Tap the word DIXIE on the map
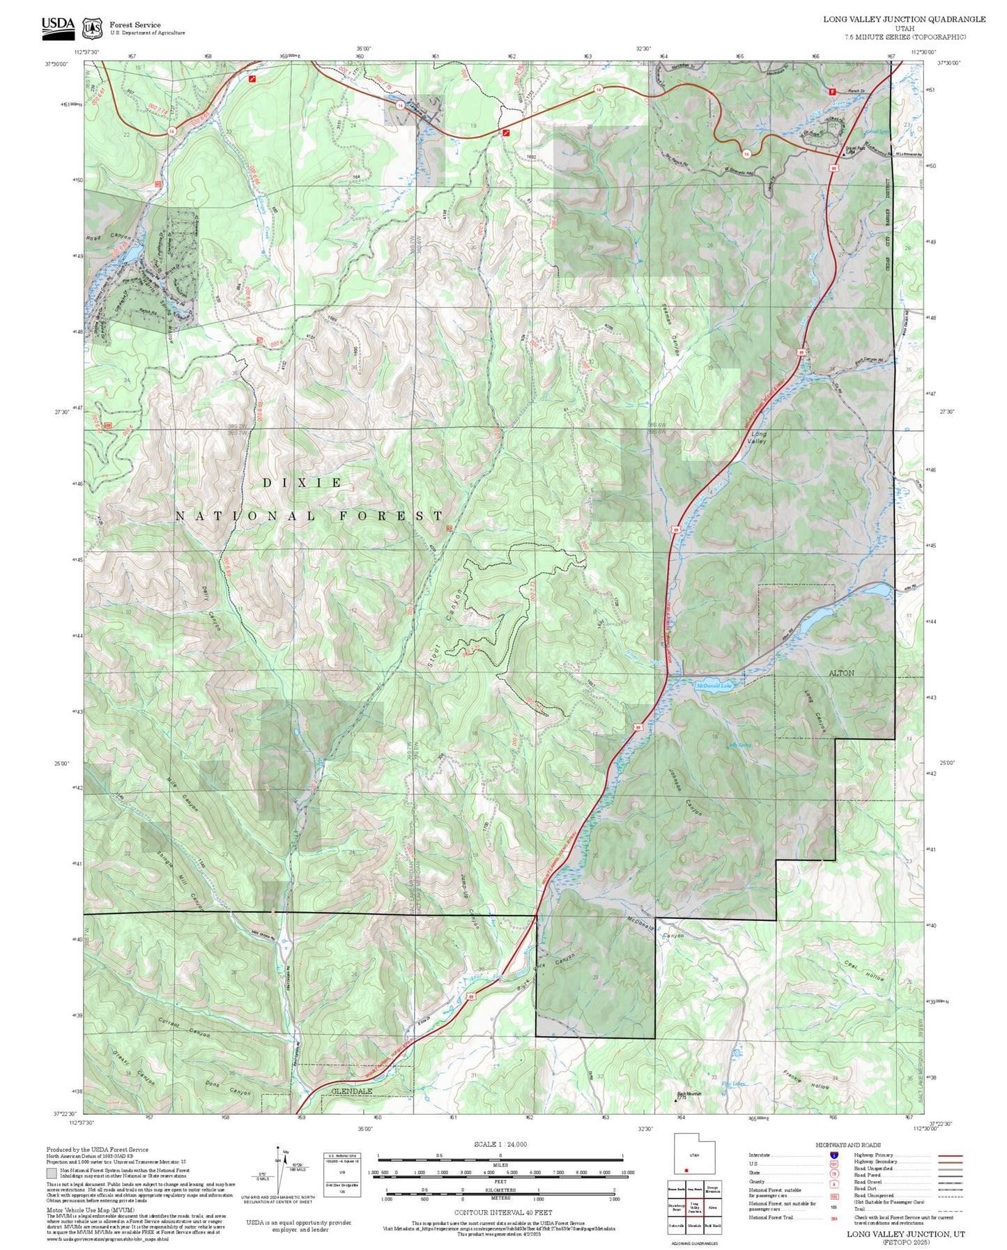(x=303, y=482)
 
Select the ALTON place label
(x=841, y=673)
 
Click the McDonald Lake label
(x=714, y=686)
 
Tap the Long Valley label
(x=757, y=438)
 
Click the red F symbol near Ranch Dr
(x=831, y=91)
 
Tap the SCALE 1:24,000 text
(x=500, y=1144)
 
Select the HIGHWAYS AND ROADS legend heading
(x=848, y=1145)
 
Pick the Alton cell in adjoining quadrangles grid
(x=713, y=1208)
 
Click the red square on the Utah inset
(x=686, y=1171)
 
